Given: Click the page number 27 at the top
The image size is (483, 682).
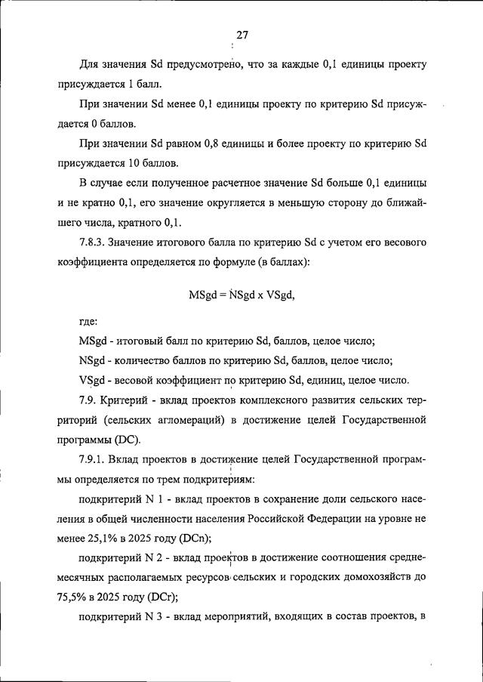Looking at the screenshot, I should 242,35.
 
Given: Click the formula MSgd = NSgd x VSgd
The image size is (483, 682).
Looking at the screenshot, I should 241,295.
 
